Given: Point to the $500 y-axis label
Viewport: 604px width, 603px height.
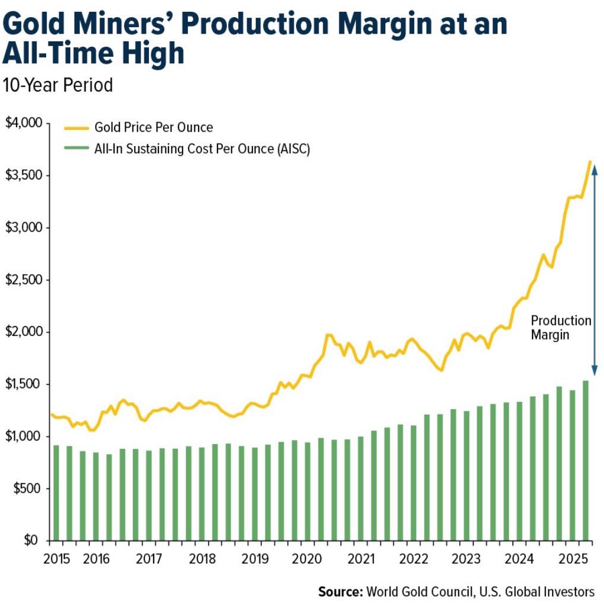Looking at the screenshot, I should tap(24, 488).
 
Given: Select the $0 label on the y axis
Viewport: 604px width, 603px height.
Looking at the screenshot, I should tap(30, 540).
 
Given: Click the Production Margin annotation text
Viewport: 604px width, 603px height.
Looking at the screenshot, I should tap(560, 328).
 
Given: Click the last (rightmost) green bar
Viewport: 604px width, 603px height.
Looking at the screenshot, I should tap(585, 461).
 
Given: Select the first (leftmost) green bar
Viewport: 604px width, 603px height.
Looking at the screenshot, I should tap(56, 493).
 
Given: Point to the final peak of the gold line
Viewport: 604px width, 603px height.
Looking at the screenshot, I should tap(589, 161).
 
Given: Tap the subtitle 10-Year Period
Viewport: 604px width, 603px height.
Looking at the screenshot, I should tap(57, 85).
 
